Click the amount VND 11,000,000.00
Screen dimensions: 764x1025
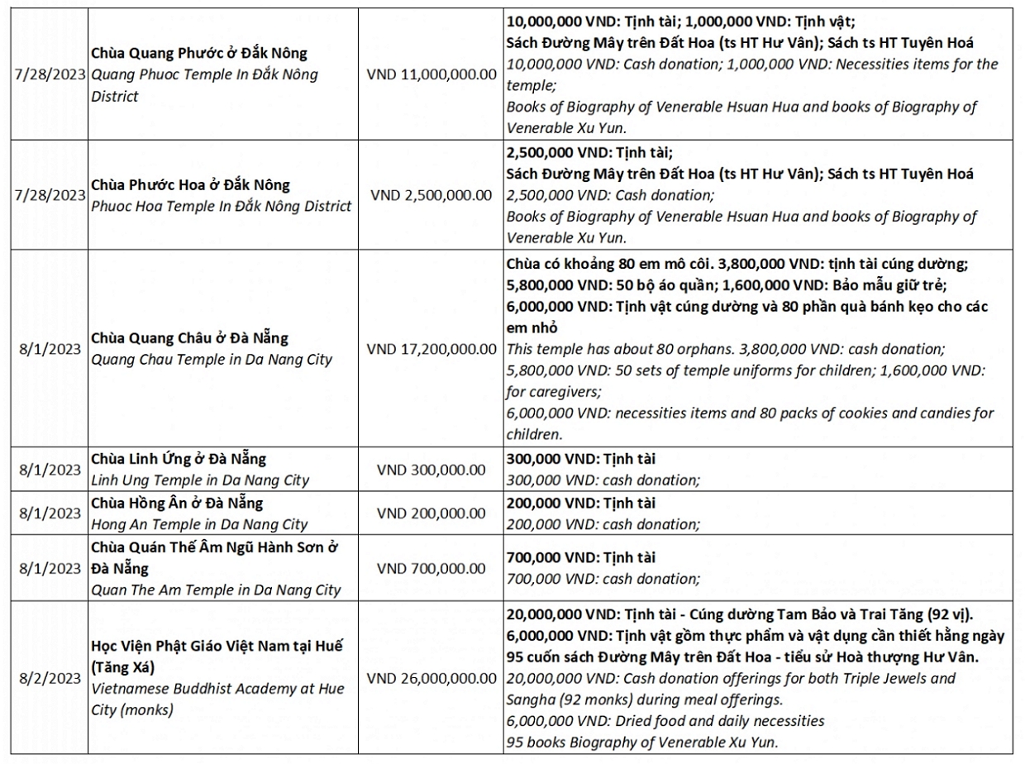click(x=431, y=74)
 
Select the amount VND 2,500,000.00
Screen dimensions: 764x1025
click(x=431, y=195)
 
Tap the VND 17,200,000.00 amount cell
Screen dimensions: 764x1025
click(x=431, y=347)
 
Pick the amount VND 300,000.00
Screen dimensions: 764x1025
click(x=431, y=470)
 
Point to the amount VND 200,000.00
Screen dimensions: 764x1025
click(x=431, y=513)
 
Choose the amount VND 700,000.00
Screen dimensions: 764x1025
click(x=431, y=569)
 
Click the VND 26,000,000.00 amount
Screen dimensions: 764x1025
click(x=431, y=678)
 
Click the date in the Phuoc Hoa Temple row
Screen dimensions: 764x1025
click(x=50, y=195)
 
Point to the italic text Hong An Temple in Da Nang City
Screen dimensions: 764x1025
click(x=198, y=524)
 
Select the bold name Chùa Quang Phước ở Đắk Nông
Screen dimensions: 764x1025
click(x=198, y=53)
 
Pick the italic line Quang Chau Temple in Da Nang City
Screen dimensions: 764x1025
click(x=211, y=360)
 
